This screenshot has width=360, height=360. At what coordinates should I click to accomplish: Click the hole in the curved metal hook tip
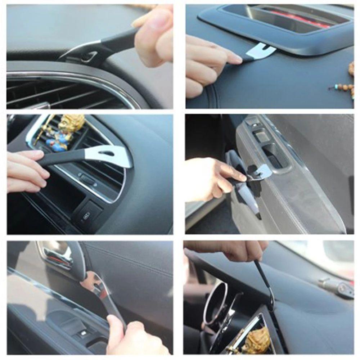(88, 56)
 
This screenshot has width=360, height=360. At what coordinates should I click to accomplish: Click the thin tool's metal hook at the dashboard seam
(270, 299)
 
